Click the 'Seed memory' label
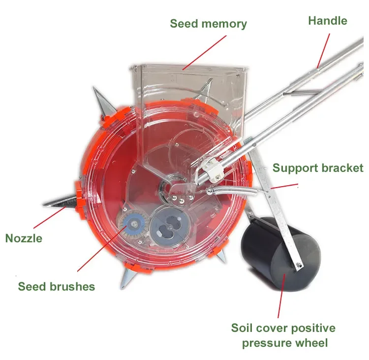[208, 23]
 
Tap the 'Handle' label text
[327, 21]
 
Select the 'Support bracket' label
[318, 168]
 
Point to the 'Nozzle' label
[24, 238]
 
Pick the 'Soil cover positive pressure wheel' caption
[283, 335]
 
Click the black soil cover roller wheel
[280, 256]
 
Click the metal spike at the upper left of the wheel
[101, 100]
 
